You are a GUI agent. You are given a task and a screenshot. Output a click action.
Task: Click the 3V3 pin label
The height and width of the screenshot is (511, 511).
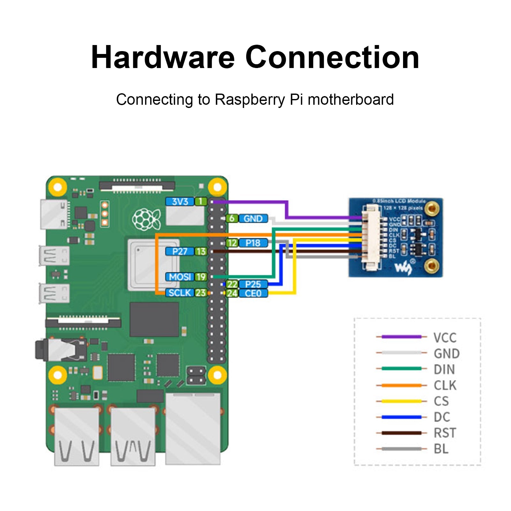tap(180, 202)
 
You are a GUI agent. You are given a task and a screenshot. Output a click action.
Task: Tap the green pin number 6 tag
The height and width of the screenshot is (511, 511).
tap(232, 219)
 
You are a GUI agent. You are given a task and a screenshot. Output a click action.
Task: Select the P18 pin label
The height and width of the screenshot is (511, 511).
tap(253, 243)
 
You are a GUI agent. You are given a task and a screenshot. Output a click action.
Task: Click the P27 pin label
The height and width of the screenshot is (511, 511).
tap(179, 252)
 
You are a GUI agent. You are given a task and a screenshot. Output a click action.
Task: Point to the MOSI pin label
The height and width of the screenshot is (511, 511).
tap(180, 277)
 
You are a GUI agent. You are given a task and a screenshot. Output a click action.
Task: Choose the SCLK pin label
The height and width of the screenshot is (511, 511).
tap(179, 293)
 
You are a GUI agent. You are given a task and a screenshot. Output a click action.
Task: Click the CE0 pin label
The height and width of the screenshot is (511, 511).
tap(253, 293)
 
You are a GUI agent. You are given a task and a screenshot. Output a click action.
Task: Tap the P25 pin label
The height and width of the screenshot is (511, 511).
tap(253, 284)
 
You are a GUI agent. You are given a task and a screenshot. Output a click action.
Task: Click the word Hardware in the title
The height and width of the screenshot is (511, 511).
tap(163, 57)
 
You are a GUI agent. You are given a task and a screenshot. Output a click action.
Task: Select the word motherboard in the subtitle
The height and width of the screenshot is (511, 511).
tap(350, 100)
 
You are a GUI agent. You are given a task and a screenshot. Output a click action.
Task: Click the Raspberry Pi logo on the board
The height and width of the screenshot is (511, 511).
tap(147, 219)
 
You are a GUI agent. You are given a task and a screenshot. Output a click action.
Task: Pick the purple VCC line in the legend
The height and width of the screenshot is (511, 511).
tap(401, 337)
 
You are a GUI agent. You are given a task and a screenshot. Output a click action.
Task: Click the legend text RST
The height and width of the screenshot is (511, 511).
tap(445, 433)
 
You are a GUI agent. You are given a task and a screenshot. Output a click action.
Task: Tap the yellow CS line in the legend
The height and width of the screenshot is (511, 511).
tap(401, 401)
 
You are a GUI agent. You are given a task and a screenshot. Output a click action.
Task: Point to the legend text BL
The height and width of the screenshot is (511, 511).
tap(441, 449)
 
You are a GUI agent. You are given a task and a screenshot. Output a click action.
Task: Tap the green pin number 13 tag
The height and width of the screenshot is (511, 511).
tap(201, 252)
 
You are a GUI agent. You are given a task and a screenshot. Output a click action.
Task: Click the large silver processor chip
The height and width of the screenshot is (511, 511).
tap(153, 265)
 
